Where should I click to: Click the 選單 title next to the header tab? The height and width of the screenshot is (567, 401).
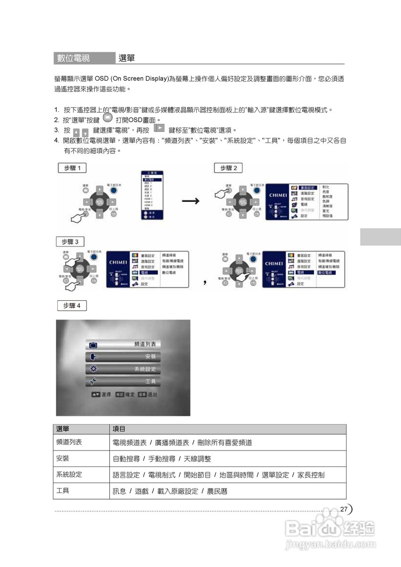tap(127, 58)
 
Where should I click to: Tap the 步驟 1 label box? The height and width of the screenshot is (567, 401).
tap(72, 168)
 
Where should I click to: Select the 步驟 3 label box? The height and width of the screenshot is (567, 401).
tap(70, 242)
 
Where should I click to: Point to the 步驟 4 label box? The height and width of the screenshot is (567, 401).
tap(72, 305)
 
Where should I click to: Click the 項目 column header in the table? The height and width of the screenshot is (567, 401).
tap(119, 429)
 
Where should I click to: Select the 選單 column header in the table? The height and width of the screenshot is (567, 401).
tap(63, 429)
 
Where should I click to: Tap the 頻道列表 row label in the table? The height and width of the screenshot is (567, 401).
tap(69, 442)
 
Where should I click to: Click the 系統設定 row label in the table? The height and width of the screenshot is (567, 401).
tap(69, 474)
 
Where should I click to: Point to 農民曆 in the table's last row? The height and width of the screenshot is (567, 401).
tap(217, 491)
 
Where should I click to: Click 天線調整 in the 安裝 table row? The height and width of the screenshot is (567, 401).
tap(198, 459)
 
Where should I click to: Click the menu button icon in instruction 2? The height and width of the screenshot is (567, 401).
tap(107, 118)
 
